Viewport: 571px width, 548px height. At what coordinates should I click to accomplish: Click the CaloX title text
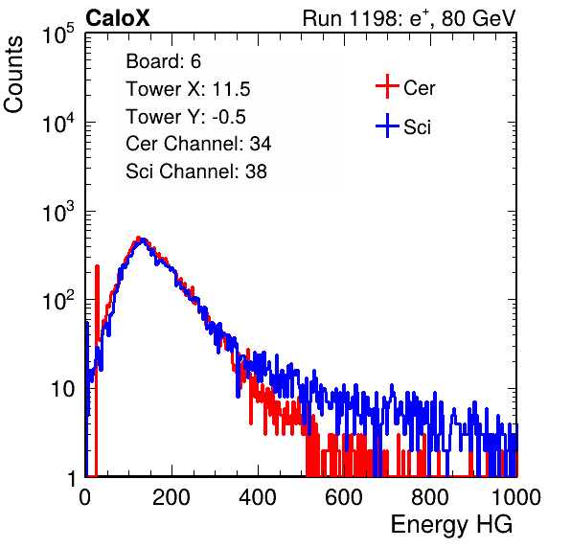click(x=117, y=18)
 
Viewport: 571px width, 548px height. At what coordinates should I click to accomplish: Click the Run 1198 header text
click(x=409, y=18)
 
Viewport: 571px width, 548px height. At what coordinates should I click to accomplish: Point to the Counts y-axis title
click(x=13, y=75)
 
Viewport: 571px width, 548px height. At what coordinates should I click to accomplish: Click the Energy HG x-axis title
click(x=451, y=525)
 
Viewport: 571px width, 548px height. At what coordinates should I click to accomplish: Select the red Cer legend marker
click(x=387, y=86)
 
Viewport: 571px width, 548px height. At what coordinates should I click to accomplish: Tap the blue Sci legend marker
click(x=387, y=126)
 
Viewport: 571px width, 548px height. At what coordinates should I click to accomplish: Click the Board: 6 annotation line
click(x=163, y=61)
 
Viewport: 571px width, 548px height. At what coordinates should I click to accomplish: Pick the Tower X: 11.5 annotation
click(x=188, y=89)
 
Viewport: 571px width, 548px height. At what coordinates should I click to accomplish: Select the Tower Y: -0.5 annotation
click(x=186, y=117)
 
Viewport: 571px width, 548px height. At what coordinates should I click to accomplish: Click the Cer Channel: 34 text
click(x=198, y=144)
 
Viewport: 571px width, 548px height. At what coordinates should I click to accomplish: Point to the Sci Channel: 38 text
click(x=196, y=171)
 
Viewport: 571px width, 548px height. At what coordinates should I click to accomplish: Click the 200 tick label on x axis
click(x=171, y=497)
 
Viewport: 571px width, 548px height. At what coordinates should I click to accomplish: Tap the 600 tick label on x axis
click(x=344, y=497)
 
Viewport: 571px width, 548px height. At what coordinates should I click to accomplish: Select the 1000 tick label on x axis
click(x=515, y=497)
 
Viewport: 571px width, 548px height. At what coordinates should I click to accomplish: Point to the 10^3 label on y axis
click(x=58, y=213)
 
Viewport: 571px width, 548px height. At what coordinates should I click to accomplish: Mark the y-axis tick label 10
click(x=62, y=390)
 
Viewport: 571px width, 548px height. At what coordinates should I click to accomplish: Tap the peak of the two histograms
click(x=141, y=240)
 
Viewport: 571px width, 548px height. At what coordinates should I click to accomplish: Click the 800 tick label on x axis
click(x=430, y=497)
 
